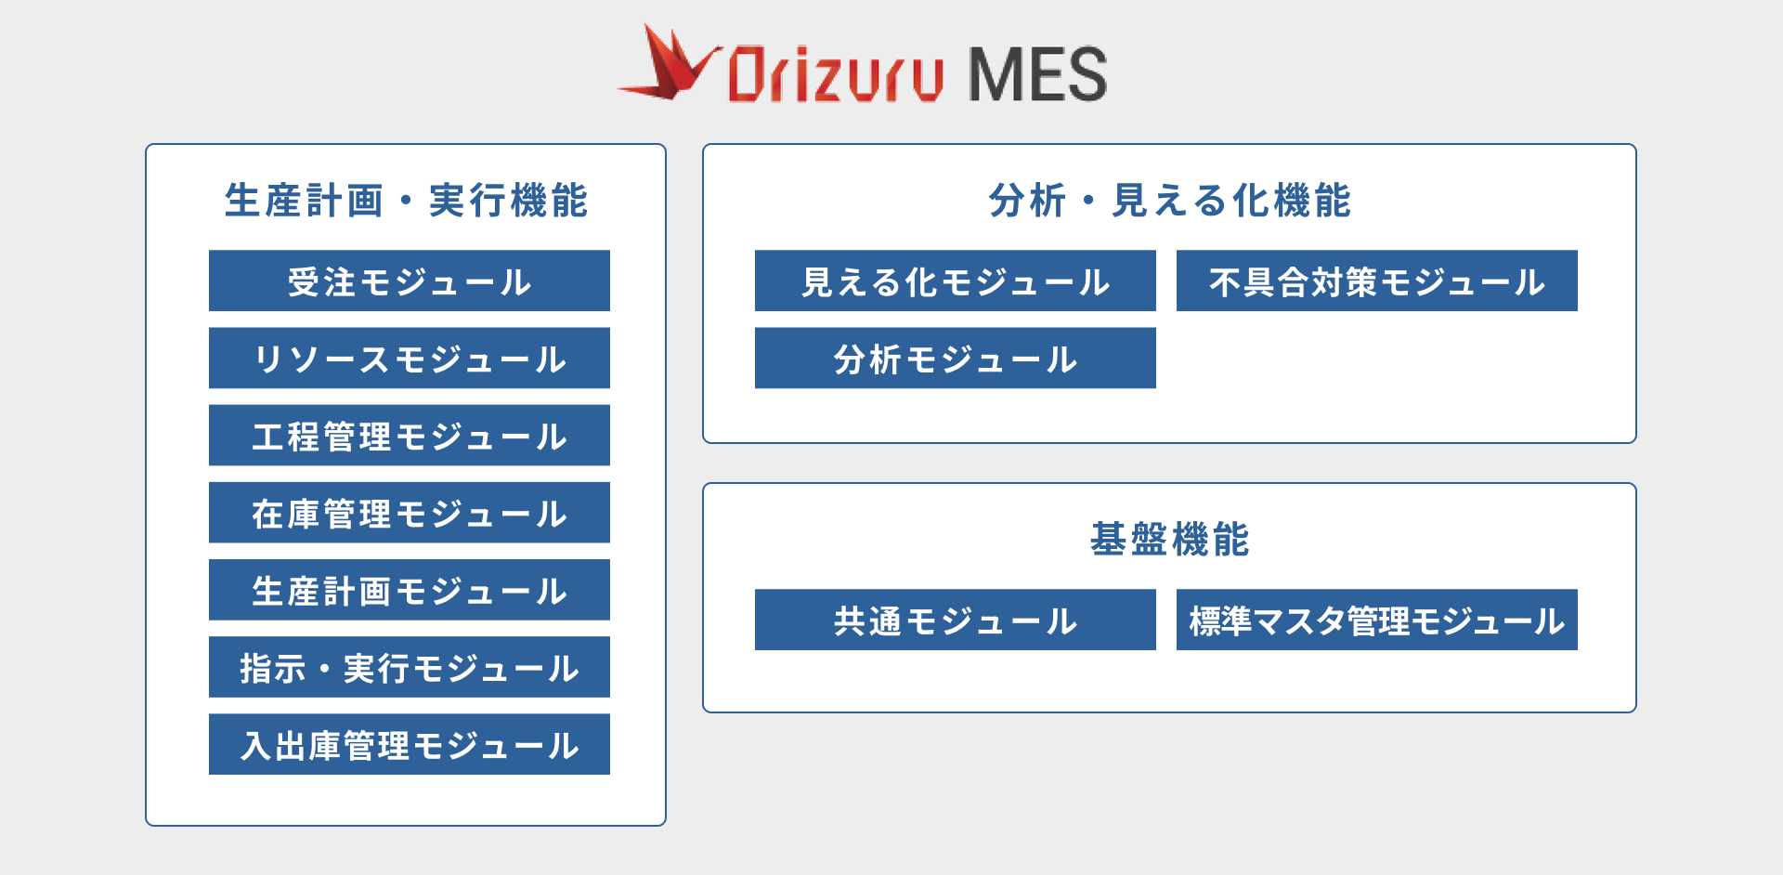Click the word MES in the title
[x=1037, y=74]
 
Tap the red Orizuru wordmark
[x=836, y=74]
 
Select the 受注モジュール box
[x=410, y=281]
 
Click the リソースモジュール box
[x=410, y=358]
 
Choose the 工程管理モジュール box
[x=410, y=435]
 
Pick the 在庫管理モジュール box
[x=410, y=512]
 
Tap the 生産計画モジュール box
[x=410, y=589]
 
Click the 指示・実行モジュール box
[x=410, y=666]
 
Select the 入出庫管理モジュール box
[x=410, y=743]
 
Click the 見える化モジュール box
[x=956, y=281]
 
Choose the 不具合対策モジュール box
[x=1377, y=281]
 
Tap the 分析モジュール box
[x=956, y=358]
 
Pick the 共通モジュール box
[x=956, y=620]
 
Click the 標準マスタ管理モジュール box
[x=1377, y=620]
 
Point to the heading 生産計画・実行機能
[x=406, y=200]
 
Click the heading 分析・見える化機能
[x=1169, y=200]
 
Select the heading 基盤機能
[x=1169, y=539]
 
